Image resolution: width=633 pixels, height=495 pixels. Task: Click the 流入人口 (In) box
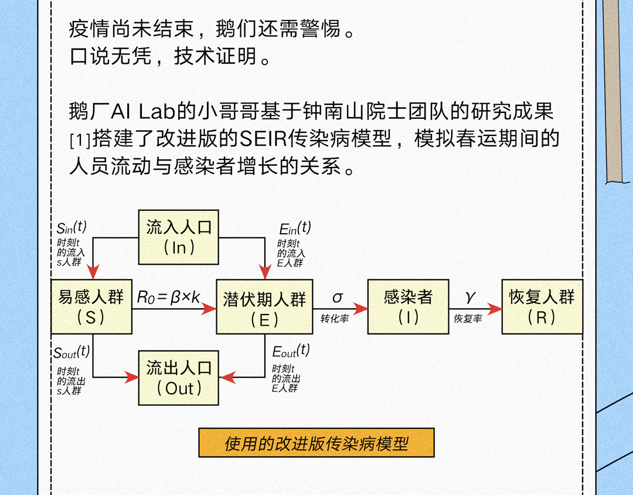(179, 237)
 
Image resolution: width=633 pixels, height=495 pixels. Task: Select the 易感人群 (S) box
(91, 306)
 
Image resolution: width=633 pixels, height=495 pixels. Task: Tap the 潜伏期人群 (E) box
(264, 308)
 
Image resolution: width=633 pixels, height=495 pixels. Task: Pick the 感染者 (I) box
(408, 306)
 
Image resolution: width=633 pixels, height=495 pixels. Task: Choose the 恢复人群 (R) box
(542, 306)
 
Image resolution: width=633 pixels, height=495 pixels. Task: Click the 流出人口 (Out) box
(179, 377)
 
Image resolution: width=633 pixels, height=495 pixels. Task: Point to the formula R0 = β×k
(169, 298)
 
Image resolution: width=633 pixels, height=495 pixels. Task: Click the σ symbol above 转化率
(338, 298)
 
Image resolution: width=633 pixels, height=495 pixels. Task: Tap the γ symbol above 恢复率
(470, 297)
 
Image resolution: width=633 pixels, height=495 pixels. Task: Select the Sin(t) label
(72, 227)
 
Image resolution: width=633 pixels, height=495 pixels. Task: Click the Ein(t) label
(295, 228)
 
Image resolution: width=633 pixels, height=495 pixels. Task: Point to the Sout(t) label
(72, 352)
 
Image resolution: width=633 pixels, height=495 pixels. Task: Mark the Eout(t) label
(291, 351)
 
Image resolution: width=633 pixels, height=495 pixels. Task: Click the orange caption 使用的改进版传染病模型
(316, 443)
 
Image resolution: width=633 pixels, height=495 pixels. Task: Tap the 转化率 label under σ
(334, 319)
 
